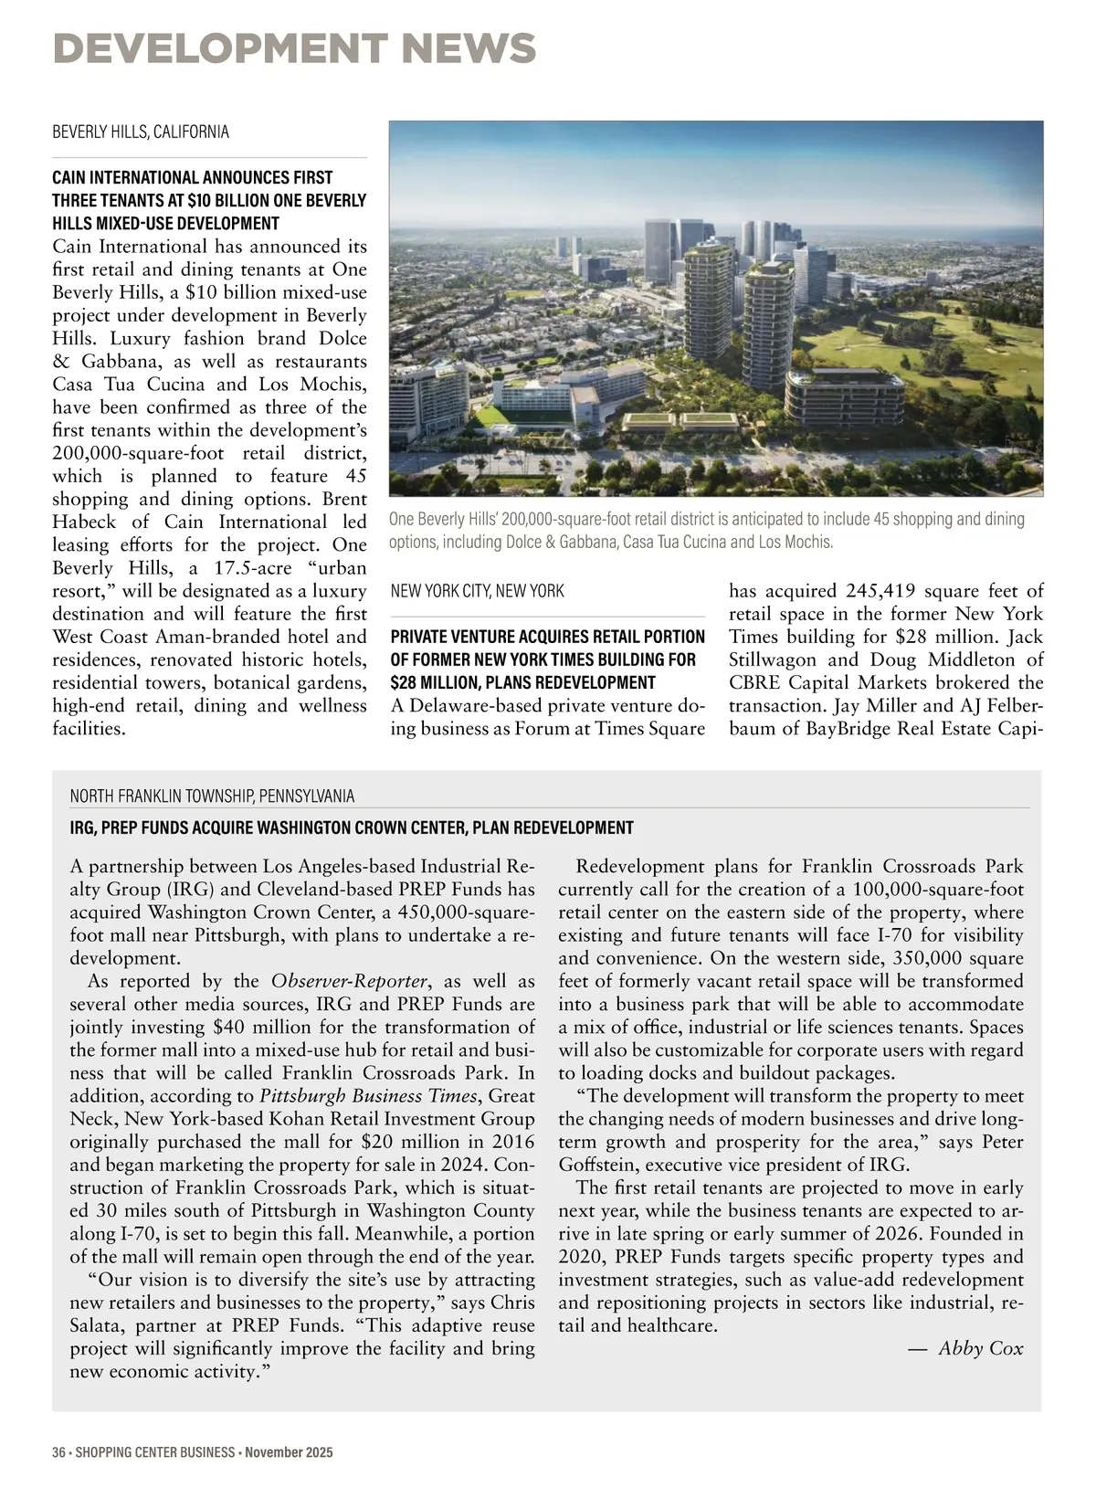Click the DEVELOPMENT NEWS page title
point(294,48)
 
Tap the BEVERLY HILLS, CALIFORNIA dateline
point(141,132)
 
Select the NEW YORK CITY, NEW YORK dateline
point(477,591)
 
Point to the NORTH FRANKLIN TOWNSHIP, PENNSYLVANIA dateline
point(212,796)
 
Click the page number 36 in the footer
point(59,1452)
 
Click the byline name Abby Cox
point(981,1348)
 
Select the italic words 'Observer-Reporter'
point(349,982)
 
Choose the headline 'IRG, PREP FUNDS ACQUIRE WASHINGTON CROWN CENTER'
point(352,828)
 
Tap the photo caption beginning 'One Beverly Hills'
point(706,531)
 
